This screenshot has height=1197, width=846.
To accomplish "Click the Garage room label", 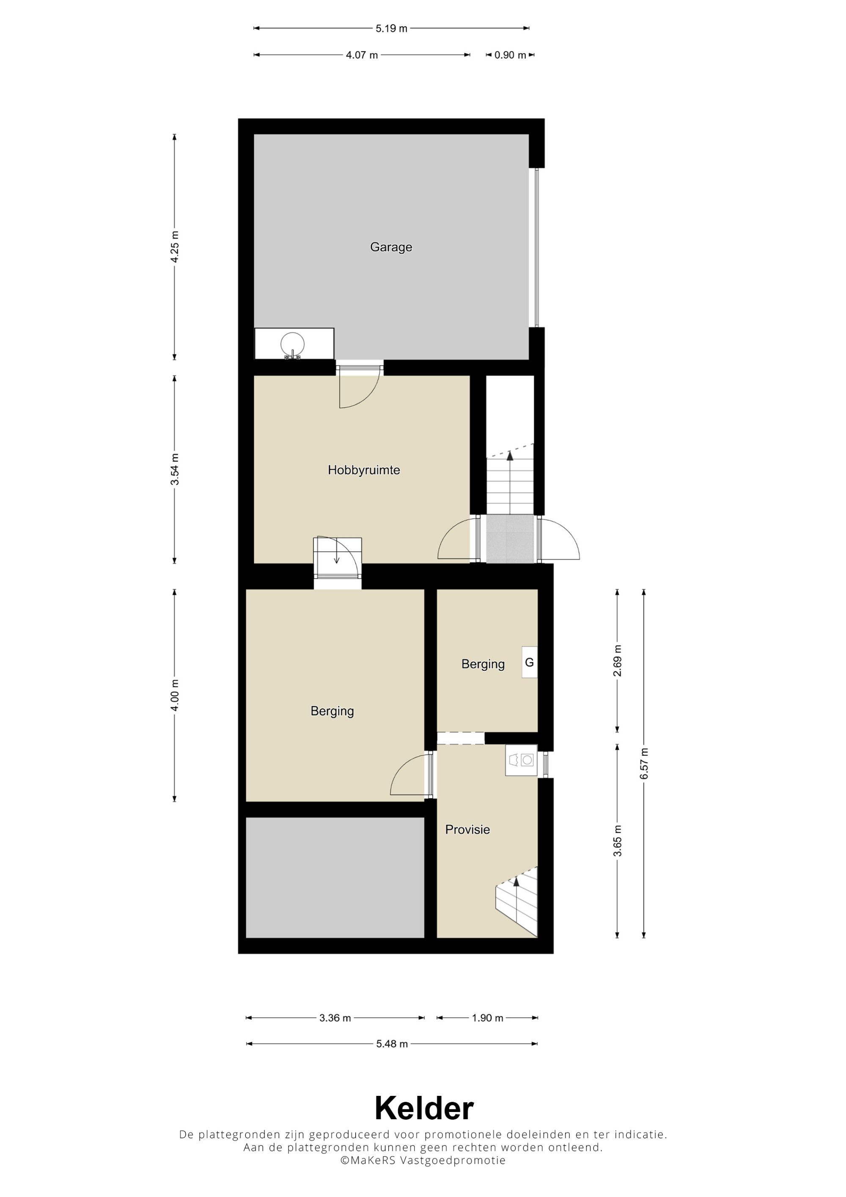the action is (391, 247).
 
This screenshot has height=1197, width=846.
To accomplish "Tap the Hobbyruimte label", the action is (364, 470).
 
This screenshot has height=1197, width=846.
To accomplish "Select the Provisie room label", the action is (467, 829).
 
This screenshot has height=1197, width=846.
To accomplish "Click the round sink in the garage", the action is (292, 345).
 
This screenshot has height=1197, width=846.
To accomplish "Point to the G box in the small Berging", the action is (530, 662).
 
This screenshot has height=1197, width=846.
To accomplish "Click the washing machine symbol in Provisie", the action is (521, 760).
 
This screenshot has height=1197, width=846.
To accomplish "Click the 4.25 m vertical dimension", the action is (175, 247).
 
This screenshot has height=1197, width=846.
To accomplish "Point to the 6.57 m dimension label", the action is (644, 764).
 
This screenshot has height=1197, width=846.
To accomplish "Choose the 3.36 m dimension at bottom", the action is (335, 1018).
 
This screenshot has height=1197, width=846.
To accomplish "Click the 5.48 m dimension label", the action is (392, 1044).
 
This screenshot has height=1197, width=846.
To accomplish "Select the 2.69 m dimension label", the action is (618, 661).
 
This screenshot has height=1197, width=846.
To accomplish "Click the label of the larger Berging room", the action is (332, 711).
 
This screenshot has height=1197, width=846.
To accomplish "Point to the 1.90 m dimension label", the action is (488, 1018).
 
